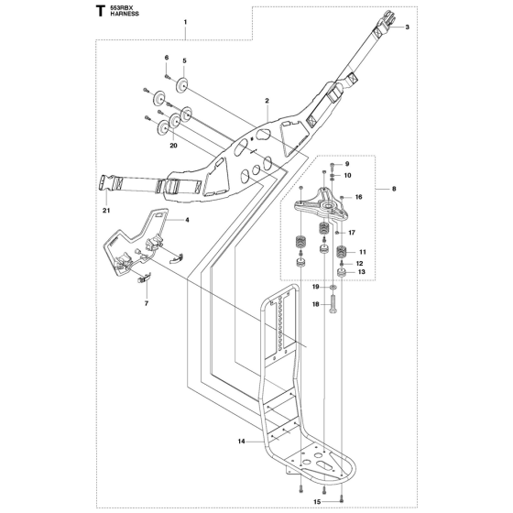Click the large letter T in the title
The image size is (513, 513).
[101, 11]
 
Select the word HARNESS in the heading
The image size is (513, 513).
[125, 14]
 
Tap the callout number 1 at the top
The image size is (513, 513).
[185, 22]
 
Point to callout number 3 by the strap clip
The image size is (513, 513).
[408, 27]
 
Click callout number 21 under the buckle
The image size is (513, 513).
[106, 211]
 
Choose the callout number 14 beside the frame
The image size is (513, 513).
[242, 442]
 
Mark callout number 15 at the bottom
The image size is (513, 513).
[317, 502]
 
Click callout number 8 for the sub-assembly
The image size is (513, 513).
[394, 189]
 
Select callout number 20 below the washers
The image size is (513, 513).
[173, 146]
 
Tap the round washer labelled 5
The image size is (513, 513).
[182, 85]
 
